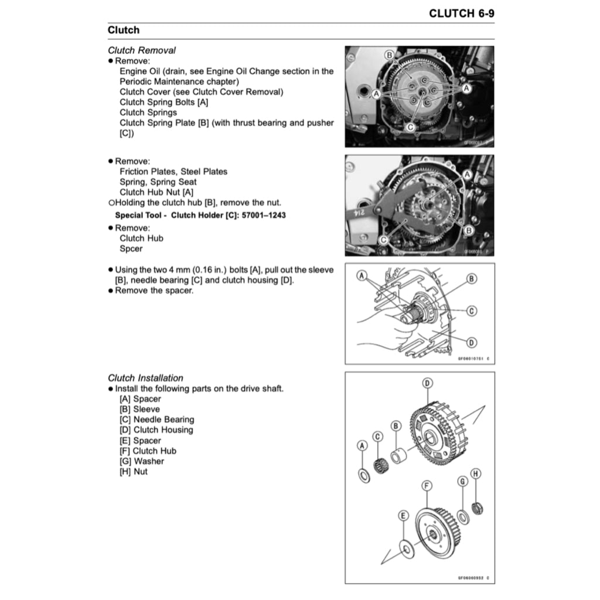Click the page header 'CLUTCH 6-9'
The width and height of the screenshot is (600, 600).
[461, 13]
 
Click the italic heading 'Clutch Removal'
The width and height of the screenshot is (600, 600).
[141, 50]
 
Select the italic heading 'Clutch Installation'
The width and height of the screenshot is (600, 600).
[145, 378]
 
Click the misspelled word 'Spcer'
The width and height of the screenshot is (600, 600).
[131, 248]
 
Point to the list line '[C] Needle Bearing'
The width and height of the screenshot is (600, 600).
[156, 420]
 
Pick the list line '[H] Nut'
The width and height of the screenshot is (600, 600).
[134, 471]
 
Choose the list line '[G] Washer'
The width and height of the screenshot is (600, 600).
[142, 461]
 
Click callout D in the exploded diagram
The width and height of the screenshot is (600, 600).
[428, 383]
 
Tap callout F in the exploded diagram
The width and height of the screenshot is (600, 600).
[427, 486]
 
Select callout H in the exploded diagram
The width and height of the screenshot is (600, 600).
[476, 473]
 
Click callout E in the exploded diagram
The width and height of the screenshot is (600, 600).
[403, 516]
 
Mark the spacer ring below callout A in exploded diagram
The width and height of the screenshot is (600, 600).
[364, 474]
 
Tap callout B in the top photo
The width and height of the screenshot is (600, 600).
[390, 55]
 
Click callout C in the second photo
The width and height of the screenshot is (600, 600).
[383, 239]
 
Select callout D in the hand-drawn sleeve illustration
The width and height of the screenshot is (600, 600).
[471, 342]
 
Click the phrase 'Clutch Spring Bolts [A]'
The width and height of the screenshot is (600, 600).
[164, 102]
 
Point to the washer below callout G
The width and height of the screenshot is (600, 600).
[463, 517]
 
